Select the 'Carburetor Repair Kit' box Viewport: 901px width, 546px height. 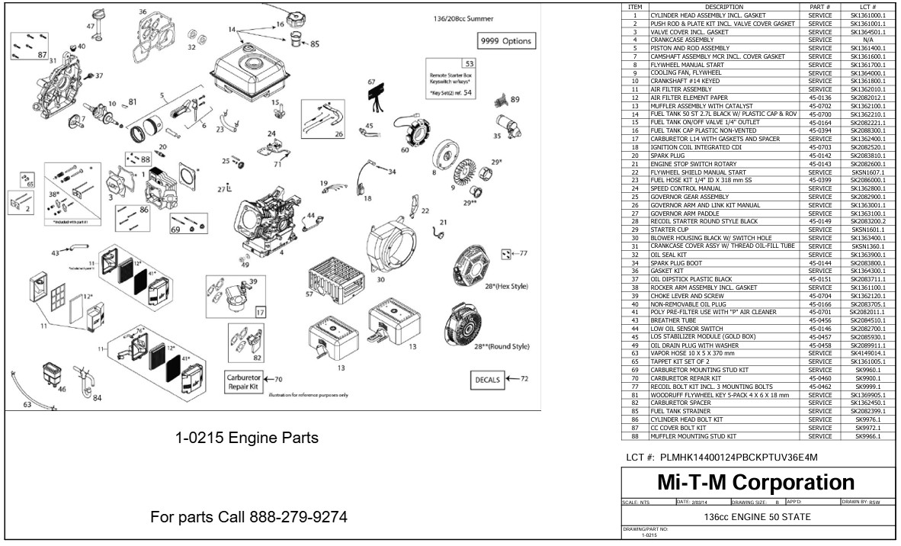pos(242,381)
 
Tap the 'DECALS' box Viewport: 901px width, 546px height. pos(486,379)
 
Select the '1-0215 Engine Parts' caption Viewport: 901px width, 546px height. pos(248,438)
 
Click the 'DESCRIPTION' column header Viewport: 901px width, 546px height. pos(723,6)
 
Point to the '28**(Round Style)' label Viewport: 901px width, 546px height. pos(501,346)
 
